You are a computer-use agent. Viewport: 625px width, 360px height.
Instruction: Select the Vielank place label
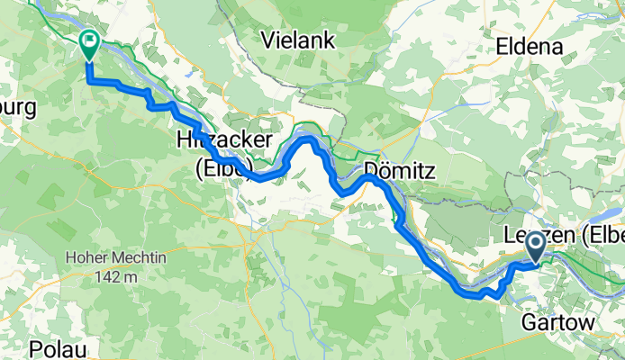(297, 39)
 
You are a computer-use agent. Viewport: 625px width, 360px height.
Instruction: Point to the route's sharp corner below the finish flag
(89, 81)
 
